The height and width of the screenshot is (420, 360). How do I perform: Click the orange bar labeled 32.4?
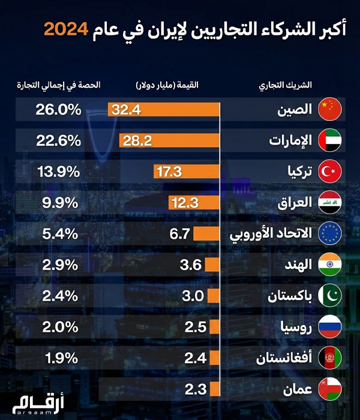point(163,109)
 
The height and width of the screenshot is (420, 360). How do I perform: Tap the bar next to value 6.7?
point(206,233)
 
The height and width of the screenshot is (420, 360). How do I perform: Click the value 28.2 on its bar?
point(137,140)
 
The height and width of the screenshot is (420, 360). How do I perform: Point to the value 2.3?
point(195,389)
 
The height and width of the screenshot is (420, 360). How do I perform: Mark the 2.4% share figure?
point(61,296)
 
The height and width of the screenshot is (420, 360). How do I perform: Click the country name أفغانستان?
point(282,358)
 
